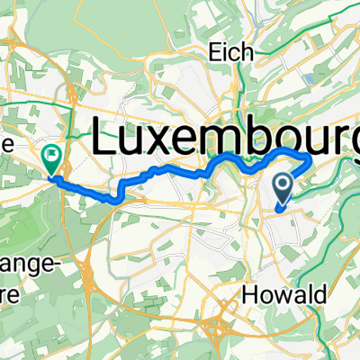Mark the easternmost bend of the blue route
[310, 160]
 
